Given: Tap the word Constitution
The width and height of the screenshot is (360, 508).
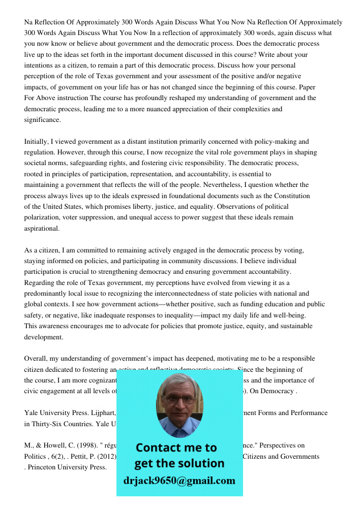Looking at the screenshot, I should coord(292,196).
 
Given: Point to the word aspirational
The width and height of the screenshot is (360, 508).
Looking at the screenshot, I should coord(42,229).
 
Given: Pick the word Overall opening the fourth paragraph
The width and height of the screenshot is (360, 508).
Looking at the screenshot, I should coord(36,359).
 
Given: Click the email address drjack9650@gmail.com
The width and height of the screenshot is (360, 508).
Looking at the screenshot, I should coord(179,481).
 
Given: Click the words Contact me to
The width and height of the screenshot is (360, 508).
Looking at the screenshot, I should coord(176,448).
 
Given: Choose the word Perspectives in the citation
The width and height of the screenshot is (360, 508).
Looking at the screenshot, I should coord(284,446).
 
